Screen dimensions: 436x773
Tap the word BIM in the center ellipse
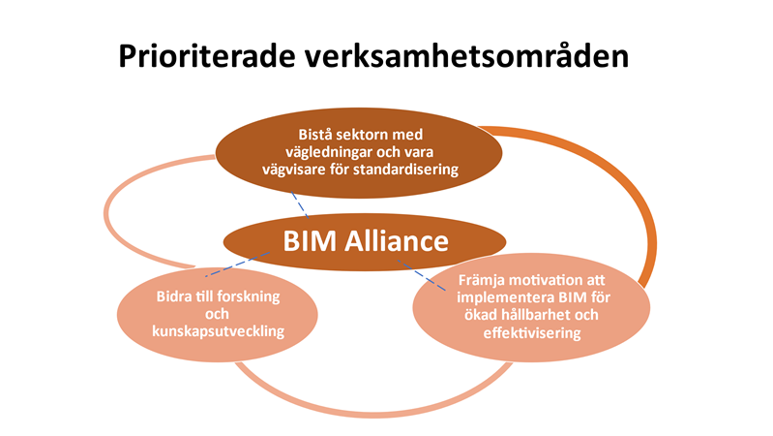click(x=308, y=240)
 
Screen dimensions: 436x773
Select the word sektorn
click(x=370, y=134)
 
